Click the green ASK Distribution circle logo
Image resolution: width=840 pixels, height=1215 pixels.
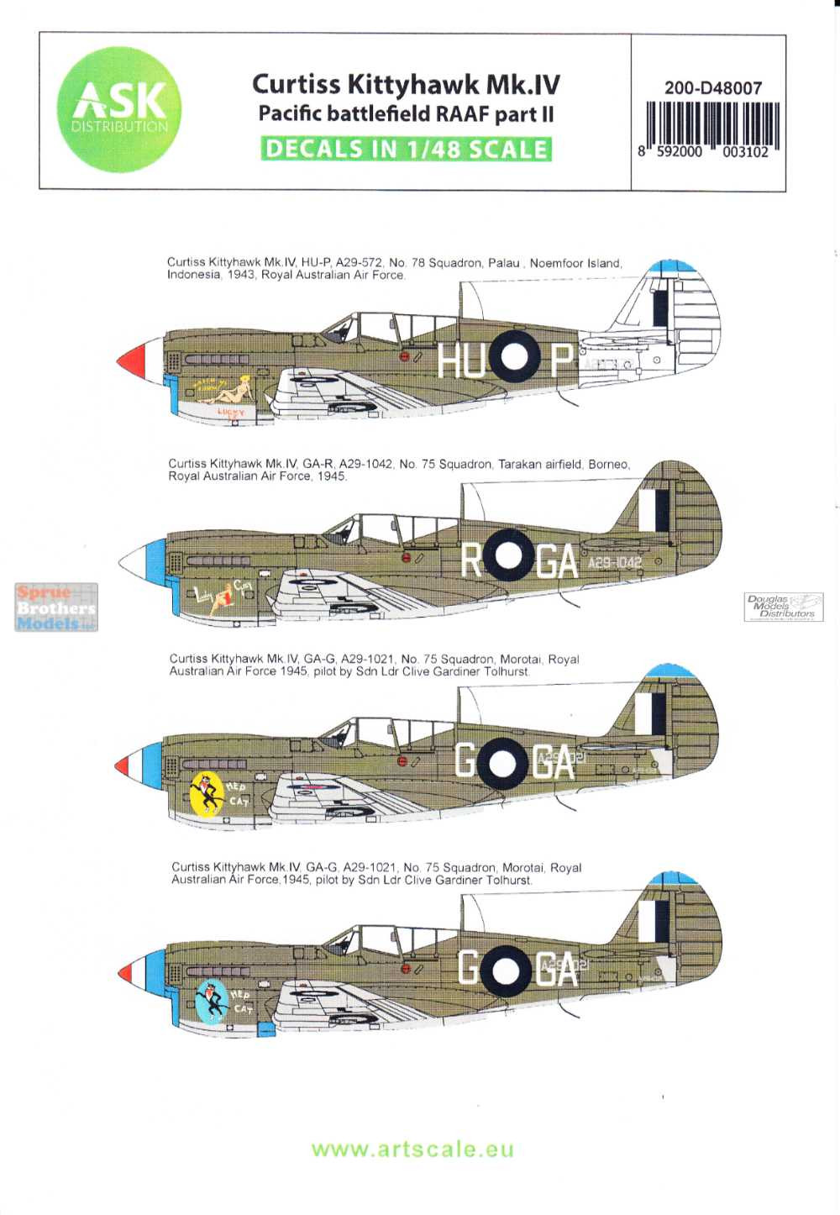coord(118,110)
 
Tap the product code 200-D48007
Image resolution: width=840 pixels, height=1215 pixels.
coord(712,87)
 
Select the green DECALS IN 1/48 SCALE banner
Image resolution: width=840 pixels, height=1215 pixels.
coord(406,149)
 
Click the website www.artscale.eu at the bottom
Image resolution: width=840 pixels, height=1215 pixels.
coord(412,1149)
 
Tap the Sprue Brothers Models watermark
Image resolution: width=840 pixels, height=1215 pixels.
coord(56,607)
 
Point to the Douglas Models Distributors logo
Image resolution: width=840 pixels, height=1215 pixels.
coord(783,607)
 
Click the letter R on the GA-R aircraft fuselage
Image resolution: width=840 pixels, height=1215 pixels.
coord(472,560)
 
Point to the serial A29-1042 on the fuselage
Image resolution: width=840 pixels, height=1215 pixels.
coord(614,562)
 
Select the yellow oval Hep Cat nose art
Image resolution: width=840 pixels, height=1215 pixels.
coord(206,792)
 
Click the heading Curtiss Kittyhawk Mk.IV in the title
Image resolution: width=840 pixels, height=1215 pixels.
coord(406,84)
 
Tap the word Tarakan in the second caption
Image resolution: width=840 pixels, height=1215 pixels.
coord(519,464)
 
